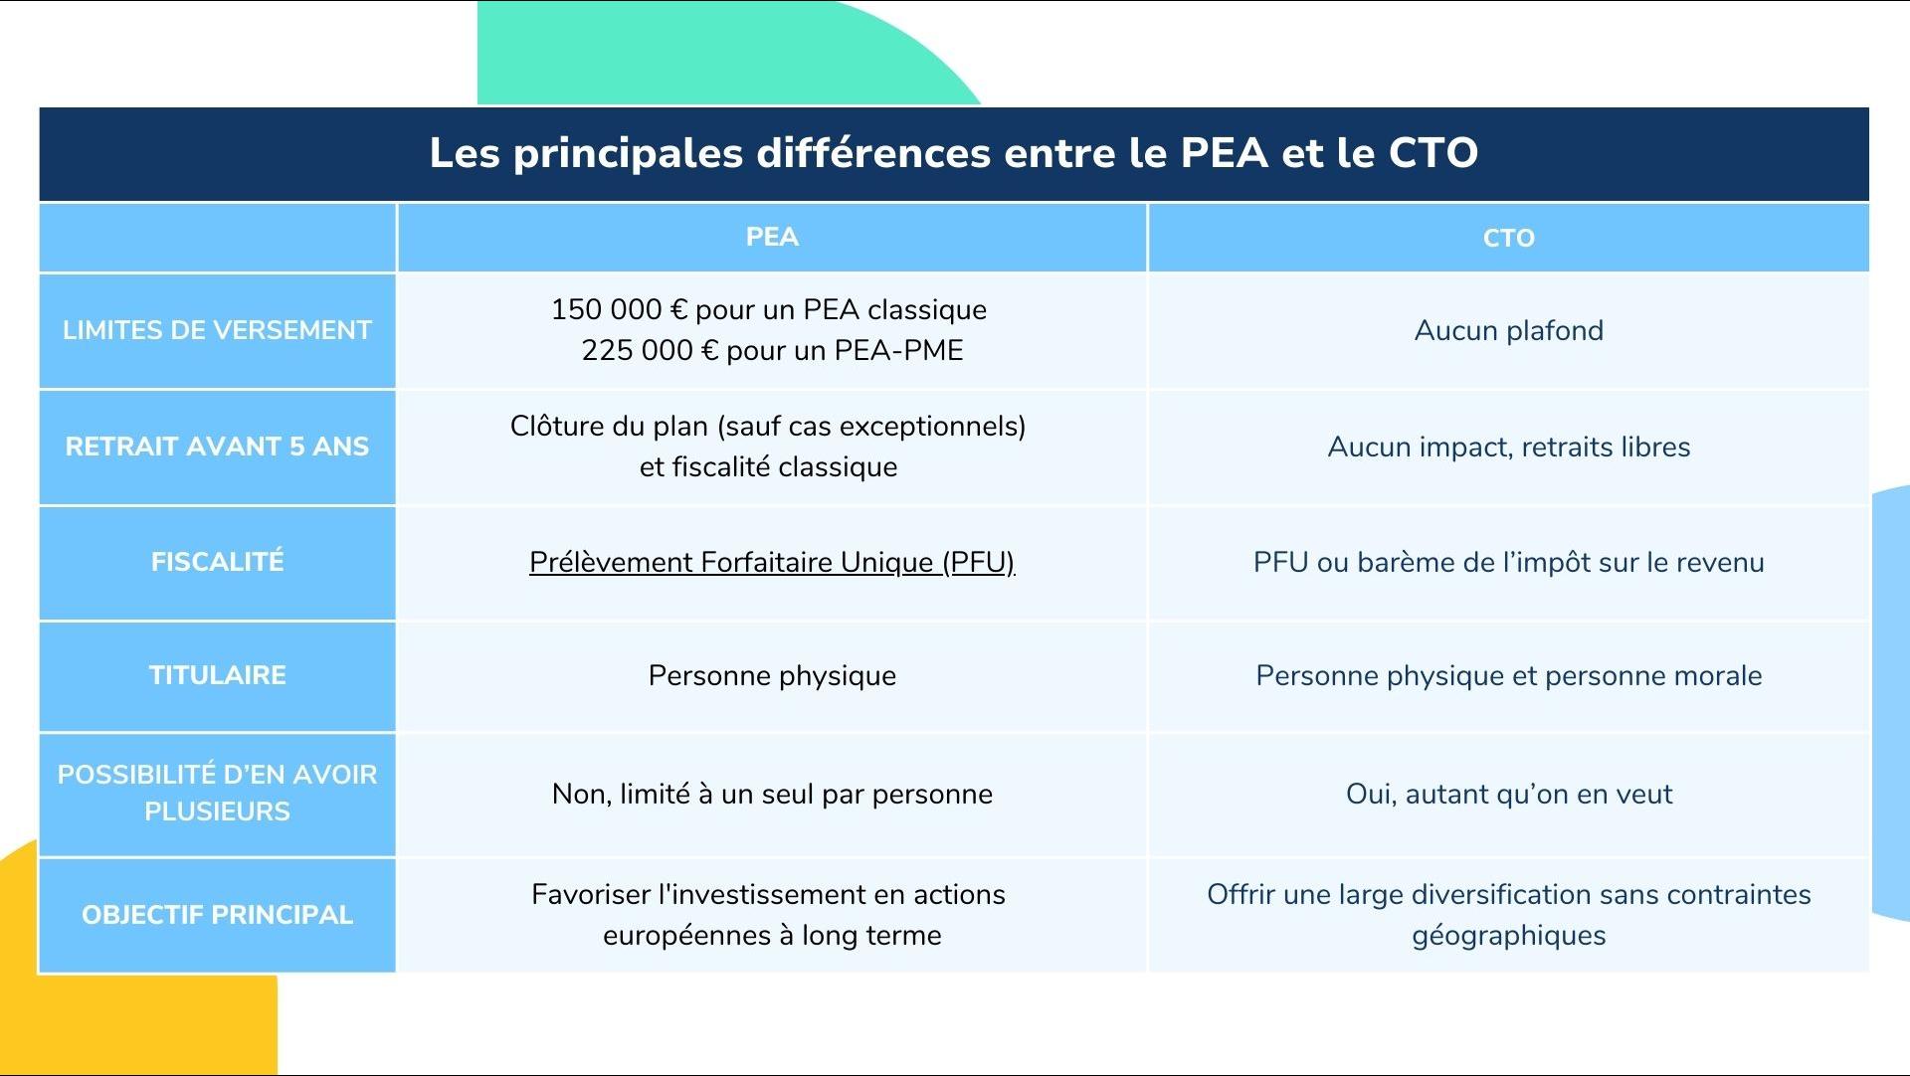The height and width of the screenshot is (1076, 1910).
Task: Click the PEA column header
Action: pos(772,237)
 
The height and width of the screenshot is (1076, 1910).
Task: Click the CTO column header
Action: pos(1508,238)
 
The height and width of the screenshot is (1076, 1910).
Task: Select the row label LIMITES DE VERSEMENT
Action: pos(217,330)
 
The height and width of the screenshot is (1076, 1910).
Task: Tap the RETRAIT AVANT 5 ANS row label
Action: pos(217,447)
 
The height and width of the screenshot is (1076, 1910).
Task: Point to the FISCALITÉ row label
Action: pos(217,561)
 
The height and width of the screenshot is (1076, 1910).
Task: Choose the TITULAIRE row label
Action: pos(217,675)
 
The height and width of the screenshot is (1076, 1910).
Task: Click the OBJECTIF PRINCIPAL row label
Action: pos(217,915)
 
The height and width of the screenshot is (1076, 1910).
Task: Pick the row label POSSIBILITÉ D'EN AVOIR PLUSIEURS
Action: pos(217,793)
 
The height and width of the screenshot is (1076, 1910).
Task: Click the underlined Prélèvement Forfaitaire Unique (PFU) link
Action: pos(772,563)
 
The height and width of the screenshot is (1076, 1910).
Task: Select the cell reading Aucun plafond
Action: pos(1508,330)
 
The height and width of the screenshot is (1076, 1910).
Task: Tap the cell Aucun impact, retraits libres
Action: pos(1508,448)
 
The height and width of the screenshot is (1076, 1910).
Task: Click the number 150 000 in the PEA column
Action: pos(607,309)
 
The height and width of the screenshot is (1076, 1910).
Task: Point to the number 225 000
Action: pos(638,350)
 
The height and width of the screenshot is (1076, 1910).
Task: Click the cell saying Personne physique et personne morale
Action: pos(1508,676)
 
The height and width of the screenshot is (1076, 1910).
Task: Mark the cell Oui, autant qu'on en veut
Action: pos(1508,794)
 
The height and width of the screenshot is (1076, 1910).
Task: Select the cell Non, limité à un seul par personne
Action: pos(772,794)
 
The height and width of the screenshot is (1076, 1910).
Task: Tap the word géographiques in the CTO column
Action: pos(1508,936)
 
